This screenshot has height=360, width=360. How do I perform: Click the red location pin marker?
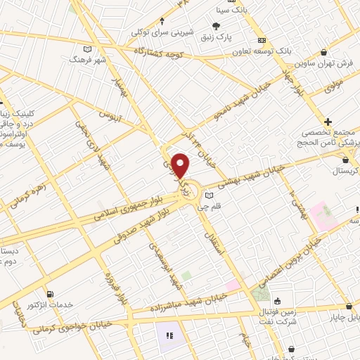tap(181, 165)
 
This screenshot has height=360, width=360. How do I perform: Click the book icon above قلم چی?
tap(209, 195)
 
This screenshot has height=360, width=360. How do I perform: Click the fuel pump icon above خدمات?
tap(50, 295)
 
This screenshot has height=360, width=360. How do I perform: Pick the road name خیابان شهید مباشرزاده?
tap(188, 304)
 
